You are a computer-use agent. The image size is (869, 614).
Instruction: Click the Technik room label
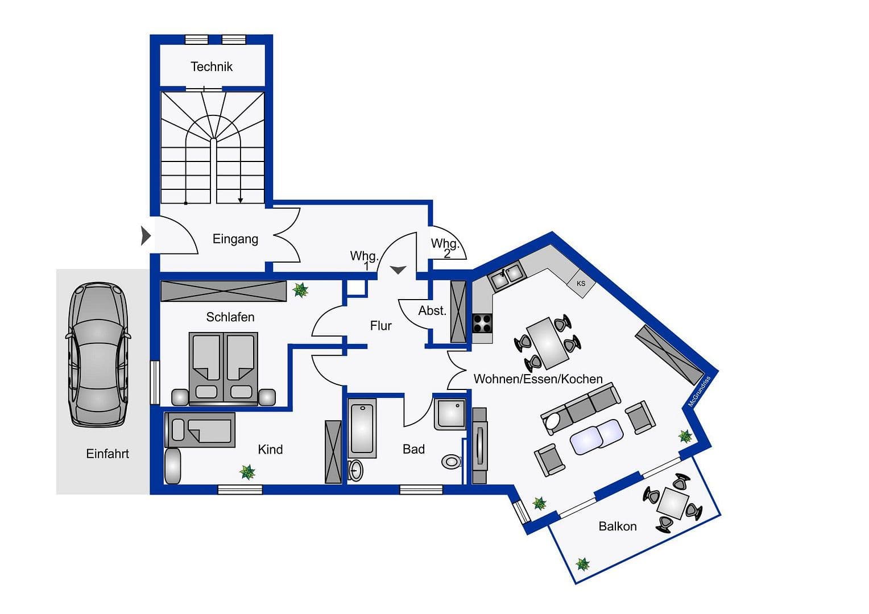pos(212,67)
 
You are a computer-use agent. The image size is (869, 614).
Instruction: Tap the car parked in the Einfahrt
pos(98,355)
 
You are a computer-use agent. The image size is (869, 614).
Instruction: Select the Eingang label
pos(235,239)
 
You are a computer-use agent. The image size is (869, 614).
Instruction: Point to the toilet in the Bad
pos(452,461)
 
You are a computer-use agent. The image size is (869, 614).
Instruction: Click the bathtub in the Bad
pos(362,428)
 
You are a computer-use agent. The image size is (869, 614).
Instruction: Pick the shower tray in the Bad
pos(450,414)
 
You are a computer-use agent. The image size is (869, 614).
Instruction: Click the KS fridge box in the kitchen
pos(581,283)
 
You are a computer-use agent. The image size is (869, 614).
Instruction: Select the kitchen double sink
pos(506,276)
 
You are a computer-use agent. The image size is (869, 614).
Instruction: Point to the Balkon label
pos(617,526)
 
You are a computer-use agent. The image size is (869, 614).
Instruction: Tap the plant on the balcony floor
pos(582,565)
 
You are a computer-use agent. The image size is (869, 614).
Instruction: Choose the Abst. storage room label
pos(432,311)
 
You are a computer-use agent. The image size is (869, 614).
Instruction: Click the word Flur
pos(380,326)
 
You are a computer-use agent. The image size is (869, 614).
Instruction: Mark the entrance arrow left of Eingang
pos(146,235)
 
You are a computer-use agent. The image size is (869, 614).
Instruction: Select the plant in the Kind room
pos(247,471)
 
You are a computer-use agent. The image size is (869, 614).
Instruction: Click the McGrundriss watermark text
pos(699,392)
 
